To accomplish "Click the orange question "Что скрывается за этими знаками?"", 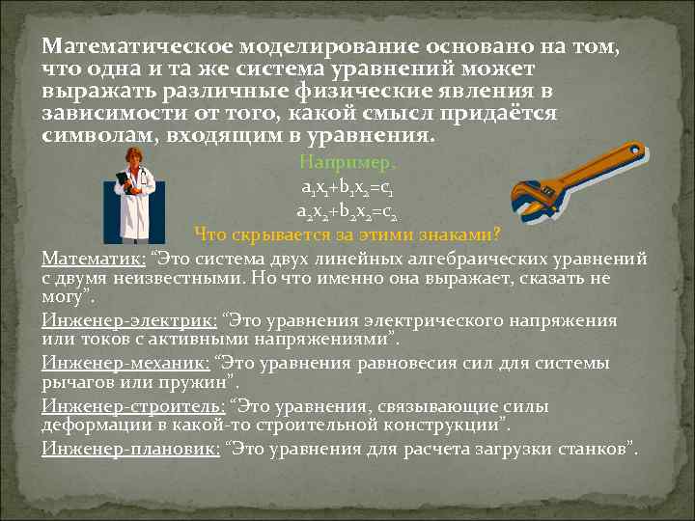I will tap(347, 233).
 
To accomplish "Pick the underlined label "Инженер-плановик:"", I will tap(130, 449).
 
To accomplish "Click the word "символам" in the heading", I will tap(99, 135).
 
